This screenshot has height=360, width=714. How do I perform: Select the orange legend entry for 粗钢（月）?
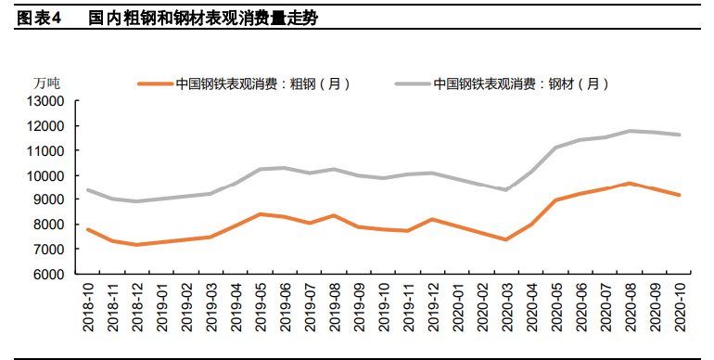pos(245,84)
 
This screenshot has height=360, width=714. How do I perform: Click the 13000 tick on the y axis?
pos(44,100)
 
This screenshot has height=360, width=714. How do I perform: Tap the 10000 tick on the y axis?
pos(44,175)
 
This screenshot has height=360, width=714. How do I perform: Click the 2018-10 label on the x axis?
pos(88,307)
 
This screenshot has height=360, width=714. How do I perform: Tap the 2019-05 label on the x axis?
pos(261,307)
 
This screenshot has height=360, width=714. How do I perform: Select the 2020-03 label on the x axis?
pos(506,307)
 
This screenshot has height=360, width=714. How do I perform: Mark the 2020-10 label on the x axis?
pos(680,307)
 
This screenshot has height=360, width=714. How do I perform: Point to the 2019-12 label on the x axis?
pos(432,307)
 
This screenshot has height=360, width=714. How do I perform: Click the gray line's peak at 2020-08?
pos(630,131)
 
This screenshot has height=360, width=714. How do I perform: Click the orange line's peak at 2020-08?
pos(630,183)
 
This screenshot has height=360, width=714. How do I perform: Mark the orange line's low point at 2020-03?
pos(506,239)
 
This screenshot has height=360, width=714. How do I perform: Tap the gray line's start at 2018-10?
pos(87,190)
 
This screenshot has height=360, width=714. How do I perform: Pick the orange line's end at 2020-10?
pos(680,195)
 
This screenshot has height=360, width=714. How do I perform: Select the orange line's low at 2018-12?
pos(137,245)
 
